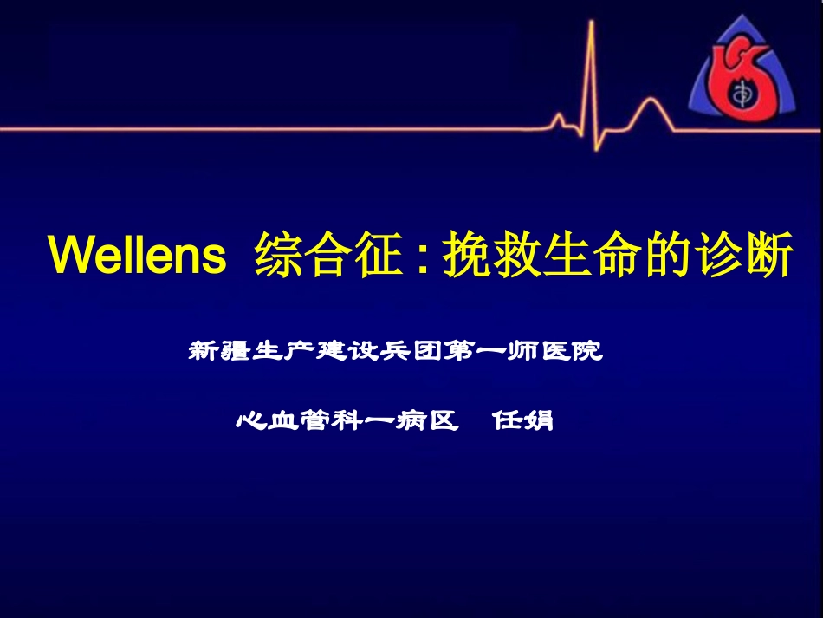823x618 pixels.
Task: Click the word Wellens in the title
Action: tap(137, 256)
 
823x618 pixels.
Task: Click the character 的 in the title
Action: tap(665, 256)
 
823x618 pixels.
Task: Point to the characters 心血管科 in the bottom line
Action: tap(292, 421)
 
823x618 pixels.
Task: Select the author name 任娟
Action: tap(522, 421)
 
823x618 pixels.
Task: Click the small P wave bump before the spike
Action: tap(559, 118)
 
